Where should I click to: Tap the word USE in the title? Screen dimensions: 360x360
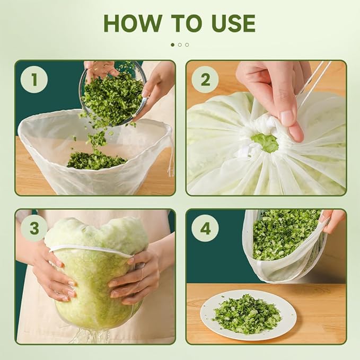coord(233,23)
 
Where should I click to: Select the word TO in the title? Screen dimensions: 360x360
coord(187,23)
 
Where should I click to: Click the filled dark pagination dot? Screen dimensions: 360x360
coord(173,45)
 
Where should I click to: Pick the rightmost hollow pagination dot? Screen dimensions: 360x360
coord(187,45)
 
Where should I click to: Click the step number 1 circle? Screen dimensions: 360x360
coord(34,80)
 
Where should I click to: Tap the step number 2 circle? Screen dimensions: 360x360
coord(205,80)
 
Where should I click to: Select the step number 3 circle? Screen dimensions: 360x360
coord(34,228)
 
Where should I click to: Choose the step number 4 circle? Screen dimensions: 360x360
coord(205,228)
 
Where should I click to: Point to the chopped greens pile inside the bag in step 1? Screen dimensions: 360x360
coord(96,160)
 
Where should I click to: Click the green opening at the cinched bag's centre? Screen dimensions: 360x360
coord(265,142)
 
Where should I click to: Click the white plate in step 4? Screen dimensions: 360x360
coord(248,315)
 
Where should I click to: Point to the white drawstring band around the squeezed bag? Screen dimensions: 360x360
coord(91,250)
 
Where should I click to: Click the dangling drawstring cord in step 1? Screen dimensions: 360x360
coord(171,152)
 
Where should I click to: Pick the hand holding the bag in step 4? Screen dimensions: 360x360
coord(332,221)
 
